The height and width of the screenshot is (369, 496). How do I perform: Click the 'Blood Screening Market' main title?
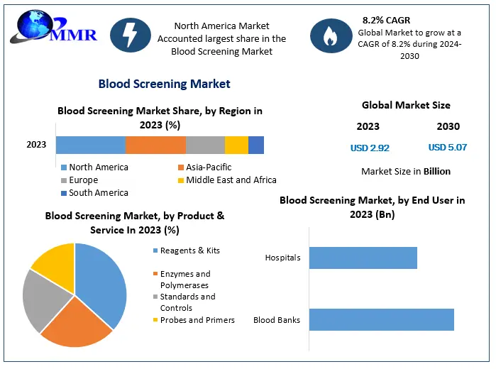[x=164, y=84]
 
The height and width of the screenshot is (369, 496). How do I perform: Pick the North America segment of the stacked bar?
[x=91, y=145]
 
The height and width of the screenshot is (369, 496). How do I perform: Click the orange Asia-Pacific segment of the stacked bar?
[x=155, y=145]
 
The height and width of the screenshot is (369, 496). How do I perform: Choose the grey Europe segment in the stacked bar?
[x=205, y=145]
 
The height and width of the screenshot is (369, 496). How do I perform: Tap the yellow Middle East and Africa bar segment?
[x=236, y=145]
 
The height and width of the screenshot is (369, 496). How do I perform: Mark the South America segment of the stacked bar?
[x=256, y=145]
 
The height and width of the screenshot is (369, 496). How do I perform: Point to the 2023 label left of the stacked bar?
[x=36, y=145]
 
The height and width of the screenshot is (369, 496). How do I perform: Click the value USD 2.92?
[x=370, y=148]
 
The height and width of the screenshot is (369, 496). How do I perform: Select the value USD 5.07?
[x=448, y=148]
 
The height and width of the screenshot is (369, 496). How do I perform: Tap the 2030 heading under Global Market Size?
[x=448, y=126]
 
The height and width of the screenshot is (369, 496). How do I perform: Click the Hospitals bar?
[x=363, y=258]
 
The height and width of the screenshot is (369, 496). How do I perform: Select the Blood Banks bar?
[x=381, y=319]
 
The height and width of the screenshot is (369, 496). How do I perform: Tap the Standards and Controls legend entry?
[x=187, y=302]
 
